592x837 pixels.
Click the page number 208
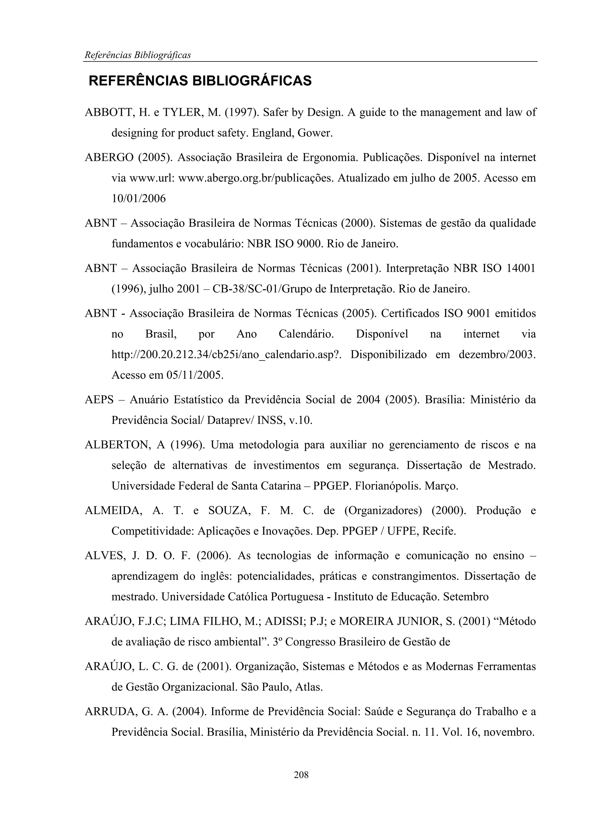pos(301,775)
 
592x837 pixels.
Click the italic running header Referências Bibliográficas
pos(138,55)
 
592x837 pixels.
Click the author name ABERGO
pos(109,157)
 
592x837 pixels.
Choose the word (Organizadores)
pos(383,511)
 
